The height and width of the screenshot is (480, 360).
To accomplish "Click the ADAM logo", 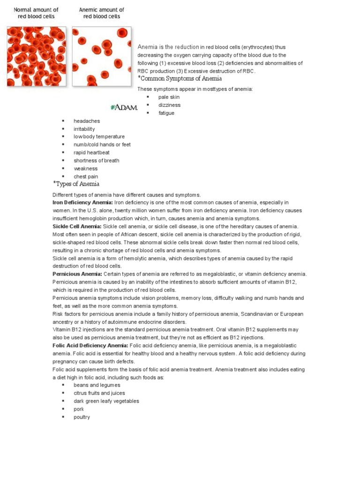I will [124, 107].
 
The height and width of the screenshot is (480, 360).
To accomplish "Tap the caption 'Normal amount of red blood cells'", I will [36, 13].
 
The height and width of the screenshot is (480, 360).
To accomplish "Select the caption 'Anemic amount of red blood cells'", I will [102, 13].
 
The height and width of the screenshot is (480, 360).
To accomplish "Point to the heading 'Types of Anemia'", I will [77, 184].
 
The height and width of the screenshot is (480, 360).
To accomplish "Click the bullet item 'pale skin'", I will [169, 97].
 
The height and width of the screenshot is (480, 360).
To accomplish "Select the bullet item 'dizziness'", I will [169, 105].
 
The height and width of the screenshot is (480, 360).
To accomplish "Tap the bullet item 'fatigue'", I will [166, 113].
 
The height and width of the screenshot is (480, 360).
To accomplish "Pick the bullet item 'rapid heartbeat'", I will [91, 152].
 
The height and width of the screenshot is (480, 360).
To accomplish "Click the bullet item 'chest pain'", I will [86, 176].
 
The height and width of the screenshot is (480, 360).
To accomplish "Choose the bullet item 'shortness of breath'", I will [96, 160].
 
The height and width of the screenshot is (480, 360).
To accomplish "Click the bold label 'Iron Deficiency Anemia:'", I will [82, 202].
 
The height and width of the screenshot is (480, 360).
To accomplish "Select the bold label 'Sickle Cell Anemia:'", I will [77, 226].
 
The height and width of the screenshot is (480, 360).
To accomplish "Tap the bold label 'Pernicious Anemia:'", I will [77, 274].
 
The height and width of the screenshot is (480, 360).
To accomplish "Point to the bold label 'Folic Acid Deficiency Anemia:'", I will [90, 345].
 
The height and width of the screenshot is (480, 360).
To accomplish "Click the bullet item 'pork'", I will [79, 409].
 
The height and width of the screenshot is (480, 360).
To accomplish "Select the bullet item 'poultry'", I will [82, 417].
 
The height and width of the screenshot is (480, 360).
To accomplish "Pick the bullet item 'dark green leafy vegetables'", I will [106, 401].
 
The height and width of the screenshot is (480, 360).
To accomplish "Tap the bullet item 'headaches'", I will [87, 121].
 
